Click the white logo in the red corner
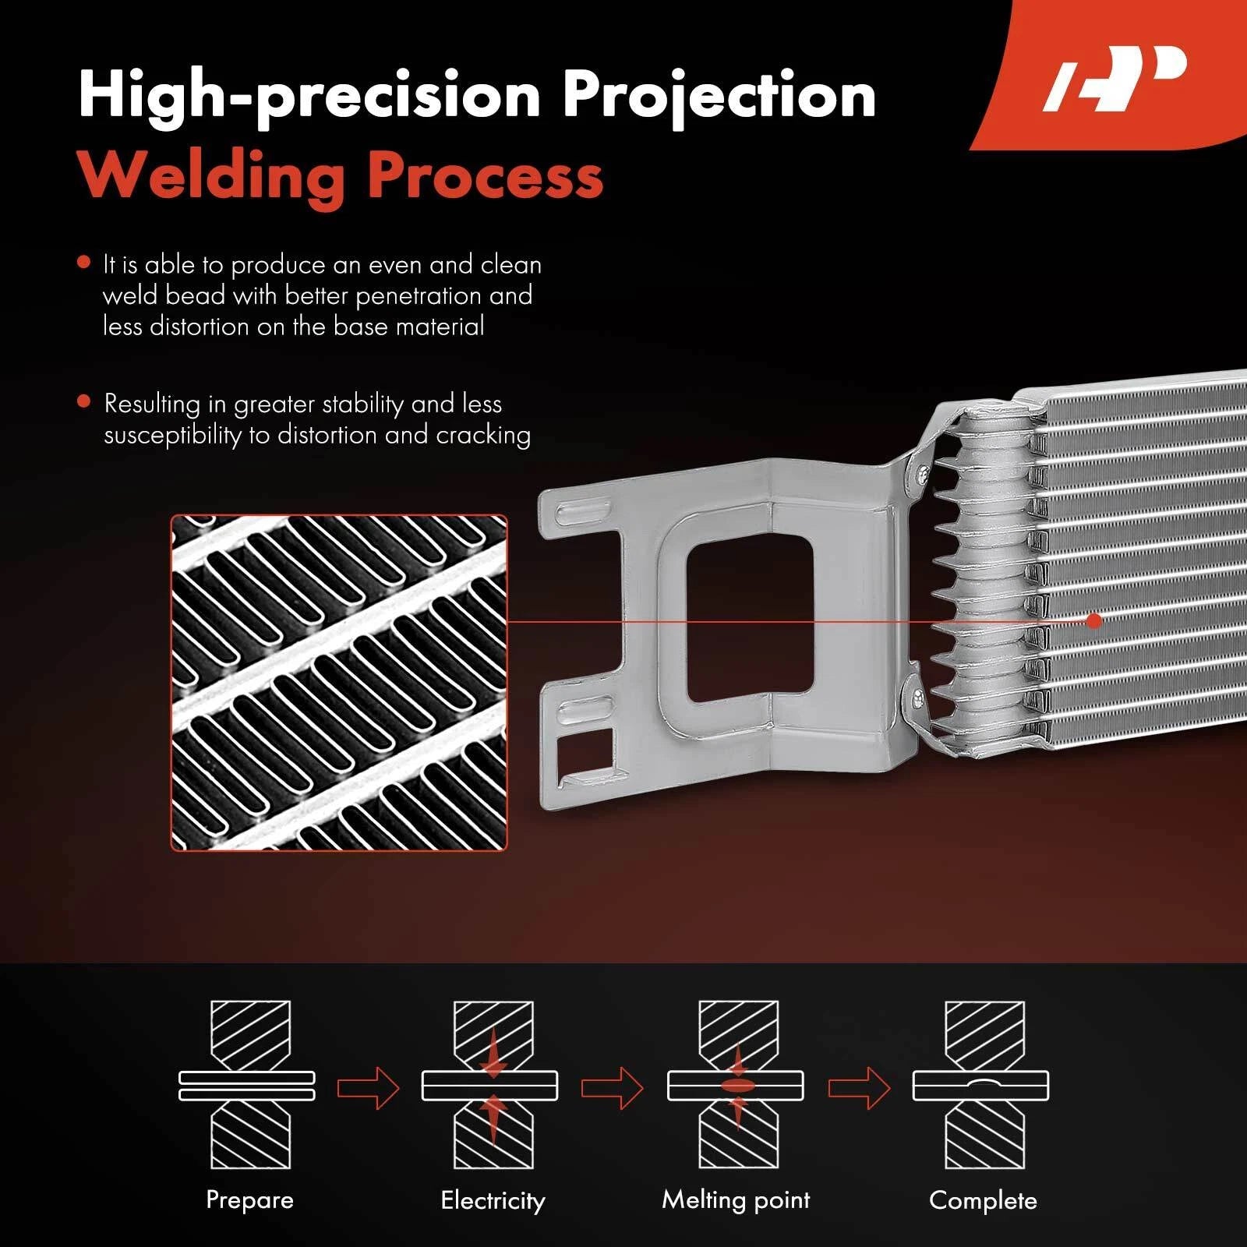[1115, 78]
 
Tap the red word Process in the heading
[485, 175]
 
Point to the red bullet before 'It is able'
[84, 263]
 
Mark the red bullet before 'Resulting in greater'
[84, 401]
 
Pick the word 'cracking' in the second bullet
[483, 435]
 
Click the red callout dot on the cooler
[1094, 621]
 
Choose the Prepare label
[249, 1199]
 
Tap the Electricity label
[493, 1200]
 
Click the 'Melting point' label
[736, 1199]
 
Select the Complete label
[983, 1200]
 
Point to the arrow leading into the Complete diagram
[859, 1086]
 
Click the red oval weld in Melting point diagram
[737, 1085]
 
